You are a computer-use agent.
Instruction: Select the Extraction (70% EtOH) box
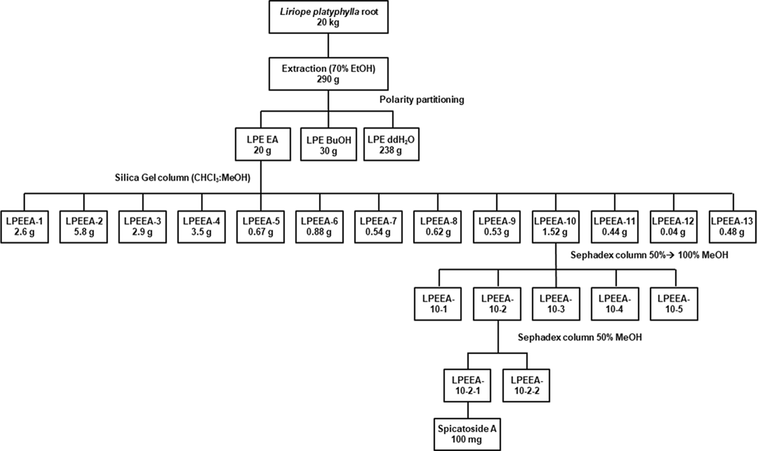tap(329, 73)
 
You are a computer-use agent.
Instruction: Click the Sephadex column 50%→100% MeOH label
tap(650, 255)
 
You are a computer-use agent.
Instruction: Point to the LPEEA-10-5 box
tap(674, 303)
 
